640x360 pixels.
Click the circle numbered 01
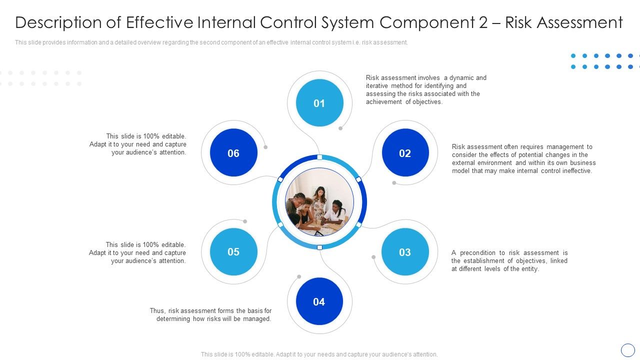click(319, 103)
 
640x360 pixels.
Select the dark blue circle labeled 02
click(405, 153)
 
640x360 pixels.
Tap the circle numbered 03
click(405, 252)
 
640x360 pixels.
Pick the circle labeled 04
click(319, 301)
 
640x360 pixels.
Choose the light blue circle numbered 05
click(233, 252)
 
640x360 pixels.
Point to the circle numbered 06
click(233, 153)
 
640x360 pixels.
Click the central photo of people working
click(319, 202)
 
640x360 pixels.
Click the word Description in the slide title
click(58, 23)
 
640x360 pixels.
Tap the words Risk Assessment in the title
click(564, 23)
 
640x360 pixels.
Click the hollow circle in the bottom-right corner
click(627, 350)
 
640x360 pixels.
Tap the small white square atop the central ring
click(319, 157)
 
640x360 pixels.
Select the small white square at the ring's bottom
click(319, 247)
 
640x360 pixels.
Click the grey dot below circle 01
click(340, 128)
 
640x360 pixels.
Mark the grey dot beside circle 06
click(265, 147)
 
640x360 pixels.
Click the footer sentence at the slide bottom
click(319, 354)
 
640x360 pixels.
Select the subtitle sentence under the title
click(211, 43)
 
